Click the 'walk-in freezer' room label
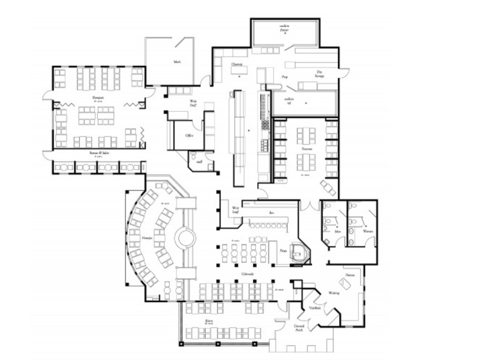(x=285, y=28)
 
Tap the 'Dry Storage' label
(x=320, y=74)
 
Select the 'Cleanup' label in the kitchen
(x=237, y=64)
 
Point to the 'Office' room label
(x=189, y=135)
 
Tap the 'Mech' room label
(x=177, y=62)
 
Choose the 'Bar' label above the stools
(x=272, y=213)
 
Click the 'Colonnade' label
(x=247, y=274)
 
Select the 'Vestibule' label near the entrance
(x=315, y=308)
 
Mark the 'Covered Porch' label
(x=299, y=328)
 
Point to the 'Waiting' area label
(x=334, y=293)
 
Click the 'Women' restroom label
(x=368, y=231)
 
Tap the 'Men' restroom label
(x=338, y=231)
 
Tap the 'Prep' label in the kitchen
(x=284, y=77)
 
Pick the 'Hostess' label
(x=350, y=275)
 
